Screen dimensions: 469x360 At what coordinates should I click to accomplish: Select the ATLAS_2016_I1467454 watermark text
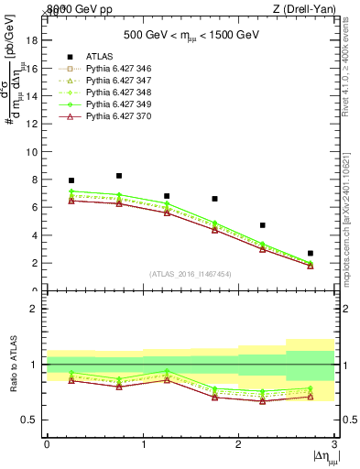(191, 273)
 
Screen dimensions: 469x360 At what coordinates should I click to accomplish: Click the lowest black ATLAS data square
(311, 253)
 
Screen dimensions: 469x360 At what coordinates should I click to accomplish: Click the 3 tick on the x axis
(335, 444)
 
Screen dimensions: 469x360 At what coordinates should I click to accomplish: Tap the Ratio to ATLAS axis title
(13, 365)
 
